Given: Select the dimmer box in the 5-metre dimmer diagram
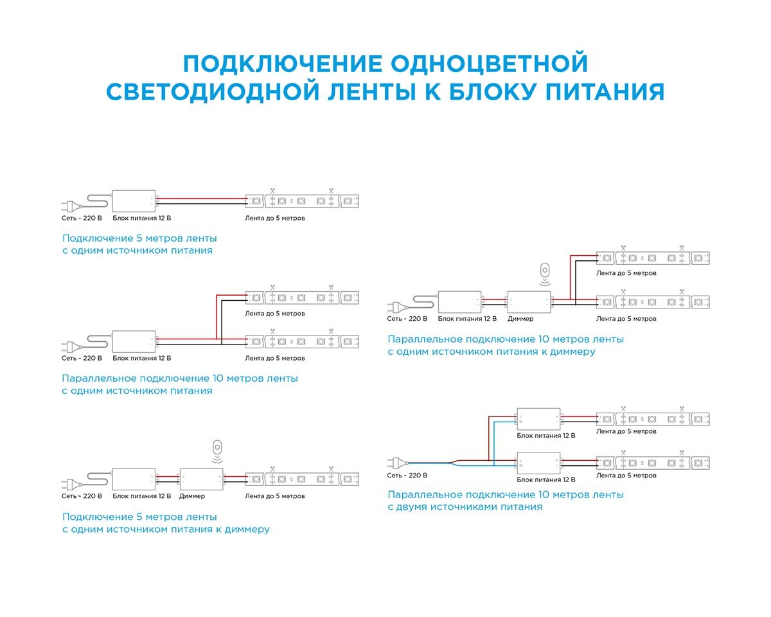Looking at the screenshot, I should [x=201, y=479].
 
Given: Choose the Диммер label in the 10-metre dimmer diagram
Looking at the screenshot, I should [x=520, y=319].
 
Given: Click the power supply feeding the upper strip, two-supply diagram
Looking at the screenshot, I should [x=538, y=419].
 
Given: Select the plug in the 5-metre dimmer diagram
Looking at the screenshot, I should [x=70, y=479].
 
